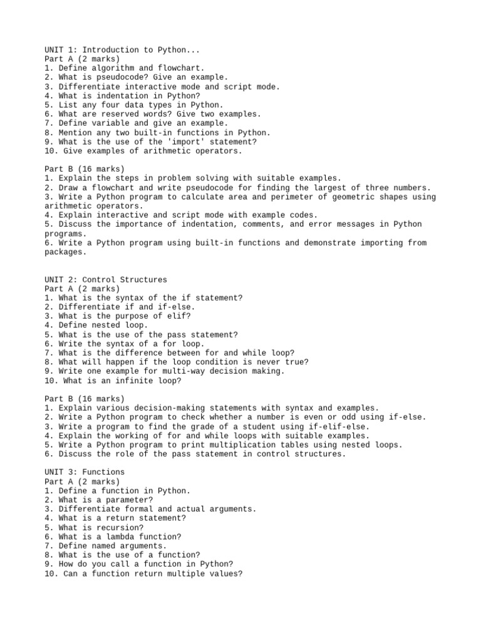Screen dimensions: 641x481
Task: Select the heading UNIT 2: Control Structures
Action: (106, 280)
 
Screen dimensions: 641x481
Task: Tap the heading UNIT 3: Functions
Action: (85, 472)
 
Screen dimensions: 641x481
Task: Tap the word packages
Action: (65, 252)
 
